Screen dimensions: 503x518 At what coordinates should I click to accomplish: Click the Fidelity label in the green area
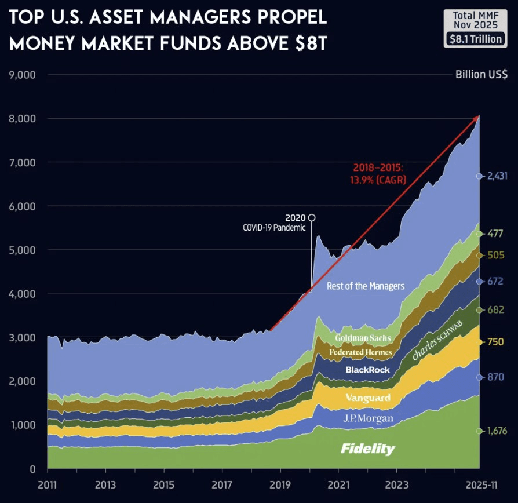pos(367,449)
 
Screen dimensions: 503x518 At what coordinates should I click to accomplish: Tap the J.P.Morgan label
pos(368,418)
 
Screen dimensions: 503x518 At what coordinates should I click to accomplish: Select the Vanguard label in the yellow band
pos(367,398)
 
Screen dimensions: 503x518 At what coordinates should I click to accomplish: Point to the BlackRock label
pos(367,370)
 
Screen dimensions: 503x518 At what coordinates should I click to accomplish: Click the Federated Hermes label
pos(360,352)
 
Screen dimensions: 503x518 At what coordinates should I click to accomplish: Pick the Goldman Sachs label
pos(363,338)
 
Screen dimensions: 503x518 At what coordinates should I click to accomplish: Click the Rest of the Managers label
pos(366,286)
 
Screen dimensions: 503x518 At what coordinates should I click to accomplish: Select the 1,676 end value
pos(496,431)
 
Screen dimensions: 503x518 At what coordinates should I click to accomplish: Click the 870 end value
pos(496,377)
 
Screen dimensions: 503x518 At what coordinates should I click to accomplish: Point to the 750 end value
pos(496,342)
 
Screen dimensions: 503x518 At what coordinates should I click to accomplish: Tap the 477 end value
pos(496,234)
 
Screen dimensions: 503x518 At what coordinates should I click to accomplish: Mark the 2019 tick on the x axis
pos(280,484)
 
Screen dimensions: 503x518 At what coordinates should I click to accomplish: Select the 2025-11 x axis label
pos(478,484)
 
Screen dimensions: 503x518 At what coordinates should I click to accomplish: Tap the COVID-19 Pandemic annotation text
pos(273,228)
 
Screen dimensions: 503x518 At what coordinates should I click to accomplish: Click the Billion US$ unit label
pos(481,75)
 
